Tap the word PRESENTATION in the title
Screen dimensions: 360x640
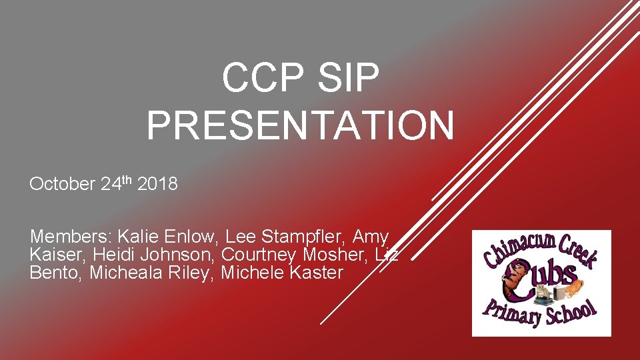coord(300,125)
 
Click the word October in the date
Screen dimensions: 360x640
coord(62,185)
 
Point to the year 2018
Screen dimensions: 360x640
coord(157,185)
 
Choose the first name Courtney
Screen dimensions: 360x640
coord(259,255)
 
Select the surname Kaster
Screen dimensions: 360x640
coord(317,273)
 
